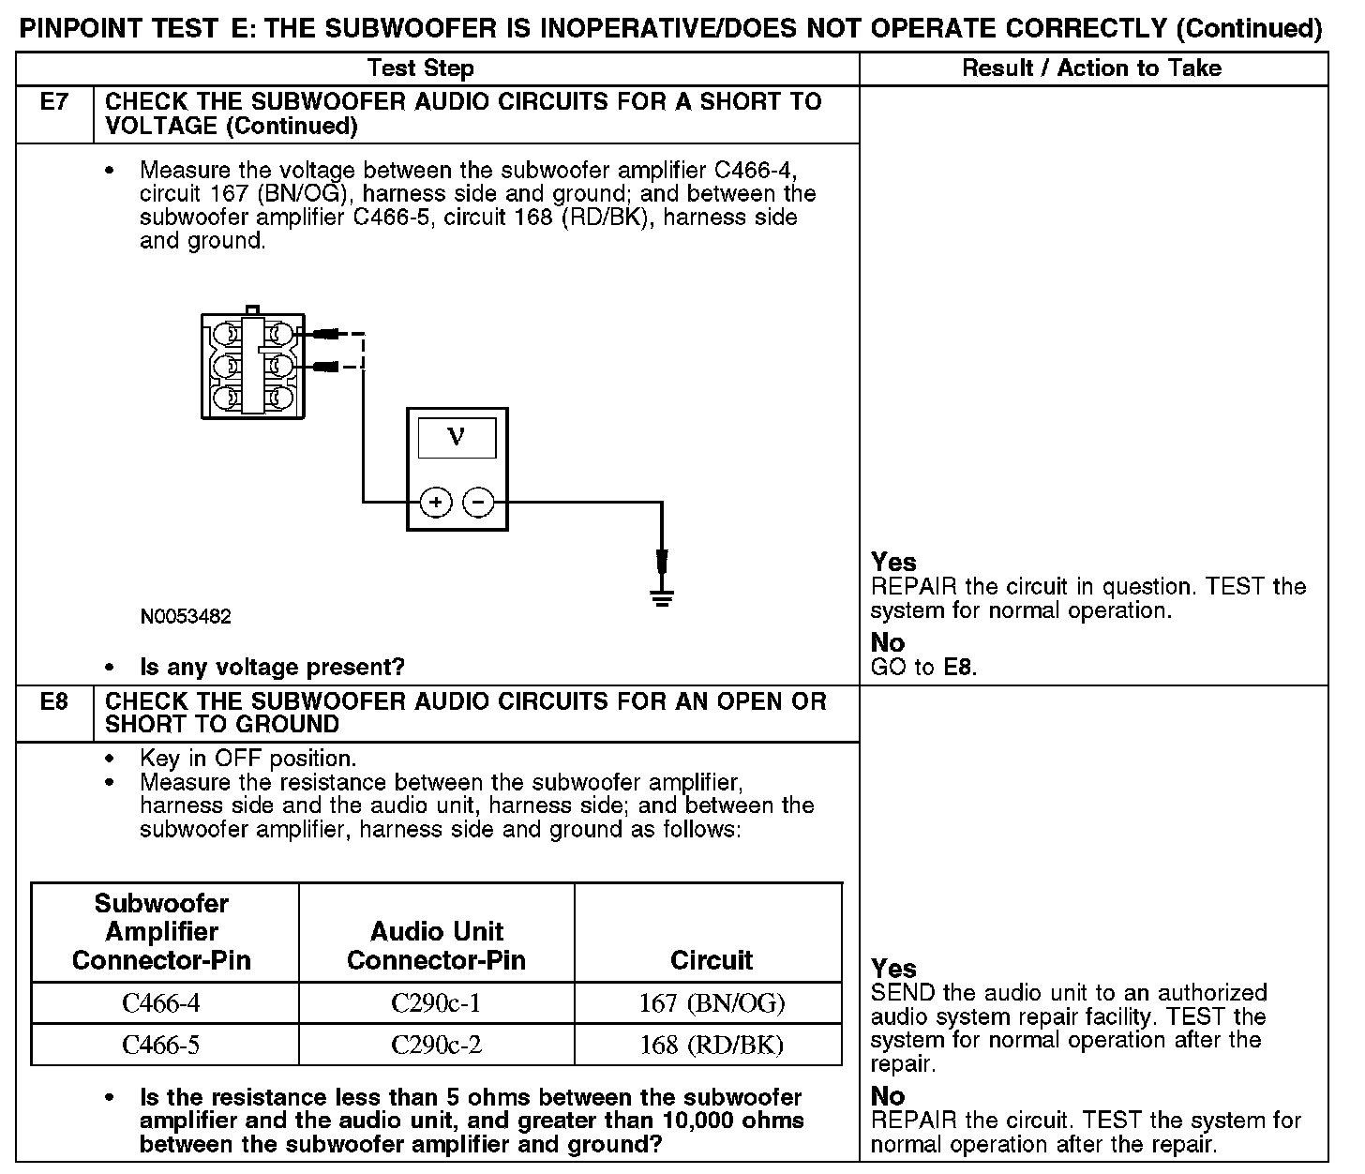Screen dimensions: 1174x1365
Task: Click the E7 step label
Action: (x=54, y=102)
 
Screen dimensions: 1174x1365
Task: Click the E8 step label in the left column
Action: (x=54, y=701)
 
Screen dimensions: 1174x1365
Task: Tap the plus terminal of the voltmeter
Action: (x=435, y=503)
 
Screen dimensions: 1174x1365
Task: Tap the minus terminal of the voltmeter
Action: (x=478, y=503)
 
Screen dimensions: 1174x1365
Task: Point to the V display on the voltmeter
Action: (x=457, y=437)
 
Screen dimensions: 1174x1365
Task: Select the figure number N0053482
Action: (x=186, y=617)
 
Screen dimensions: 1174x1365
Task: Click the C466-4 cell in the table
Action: (x=161, y=1003)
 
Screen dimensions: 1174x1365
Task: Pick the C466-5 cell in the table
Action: (x=161, y=1045)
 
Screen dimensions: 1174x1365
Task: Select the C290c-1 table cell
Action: (x=436, y=1003)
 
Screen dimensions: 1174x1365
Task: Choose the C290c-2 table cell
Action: (x=436, y=1045)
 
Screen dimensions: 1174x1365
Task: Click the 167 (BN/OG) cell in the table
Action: (x=712, y=1003)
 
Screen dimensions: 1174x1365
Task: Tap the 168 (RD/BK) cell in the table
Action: (x=712, y=1045)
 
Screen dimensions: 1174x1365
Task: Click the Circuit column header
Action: (x=712, y=960)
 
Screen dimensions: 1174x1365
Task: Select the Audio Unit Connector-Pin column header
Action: (x=436, y=945)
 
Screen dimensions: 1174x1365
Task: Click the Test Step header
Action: (x=421, y=68)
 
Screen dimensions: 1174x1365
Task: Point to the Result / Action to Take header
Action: (x=1092, y=68)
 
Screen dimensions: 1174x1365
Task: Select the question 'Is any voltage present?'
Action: (x=272, y=668)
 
